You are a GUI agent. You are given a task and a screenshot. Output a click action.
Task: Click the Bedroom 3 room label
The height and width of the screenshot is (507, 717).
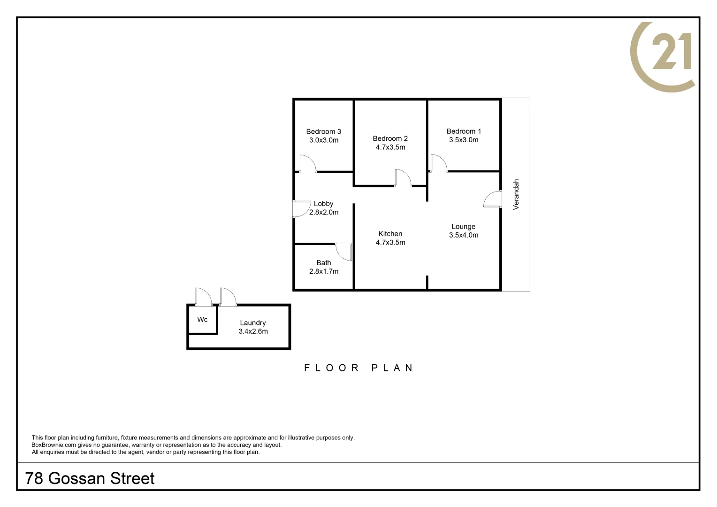323,131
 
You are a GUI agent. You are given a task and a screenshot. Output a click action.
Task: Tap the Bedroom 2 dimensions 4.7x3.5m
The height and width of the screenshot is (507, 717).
390,147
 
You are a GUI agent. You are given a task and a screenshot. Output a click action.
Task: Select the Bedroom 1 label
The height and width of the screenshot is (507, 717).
464,131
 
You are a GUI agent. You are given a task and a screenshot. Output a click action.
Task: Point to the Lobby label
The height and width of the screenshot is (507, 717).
323,204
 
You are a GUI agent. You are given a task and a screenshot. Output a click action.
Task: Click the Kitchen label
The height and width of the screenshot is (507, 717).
390,234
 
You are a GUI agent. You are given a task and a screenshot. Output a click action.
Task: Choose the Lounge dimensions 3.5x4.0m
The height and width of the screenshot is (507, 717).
464,235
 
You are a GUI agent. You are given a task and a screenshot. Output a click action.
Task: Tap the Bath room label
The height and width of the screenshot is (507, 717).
324,263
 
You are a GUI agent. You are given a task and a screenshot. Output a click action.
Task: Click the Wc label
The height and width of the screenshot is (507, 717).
202,320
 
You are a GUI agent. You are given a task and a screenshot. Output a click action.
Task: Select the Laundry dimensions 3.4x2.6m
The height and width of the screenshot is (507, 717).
253,331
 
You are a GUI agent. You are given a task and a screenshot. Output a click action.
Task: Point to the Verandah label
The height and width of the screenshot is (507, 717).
516,194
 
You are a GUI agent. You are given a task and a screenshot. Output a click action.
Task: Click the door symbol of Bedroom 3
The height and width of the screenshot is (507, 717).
307,163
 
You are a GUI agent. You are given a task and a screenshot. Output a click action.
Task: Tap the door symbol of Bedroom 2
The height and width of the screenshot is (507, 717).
403,178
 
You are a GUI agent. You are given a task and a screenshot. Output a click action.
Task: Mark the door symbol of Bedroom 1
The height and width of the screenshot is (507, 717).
438,163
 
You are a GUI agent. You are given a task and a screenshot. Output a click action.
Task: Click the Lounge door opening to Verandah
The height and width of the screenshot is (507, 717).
493,199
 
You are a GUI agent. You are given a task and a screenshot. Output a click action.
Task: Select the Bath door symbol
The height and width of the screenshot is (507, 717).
344,252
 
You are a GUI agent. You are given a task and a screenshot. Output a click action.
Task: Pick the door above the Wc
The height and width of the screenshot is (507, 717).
203,297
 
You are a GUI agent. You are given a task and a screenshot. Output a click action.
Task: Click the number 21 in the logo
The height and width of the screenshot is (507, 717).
671,51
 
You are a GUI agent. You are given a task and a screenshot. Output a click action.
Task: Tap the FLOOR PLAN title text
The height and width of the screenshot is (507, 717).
358,368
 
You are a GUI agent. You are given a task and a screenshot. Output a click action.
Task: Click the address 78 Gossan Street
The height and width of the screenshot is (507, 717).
90,478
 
